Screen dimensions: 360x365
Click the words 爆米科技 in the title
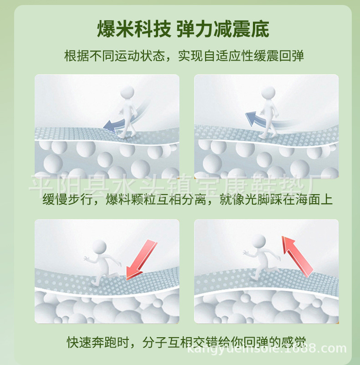pyautogui.click(x=134, y=29)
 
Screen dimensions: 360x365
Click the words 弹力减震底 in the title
pyautogui.click(x=223, y=29)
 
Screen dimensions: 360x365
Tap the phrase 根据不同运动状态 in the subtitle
pyautogui.click(x=114, y=56)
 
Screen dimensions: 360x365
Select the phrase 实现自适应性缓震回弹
pyautogui.click(x=241, y=56)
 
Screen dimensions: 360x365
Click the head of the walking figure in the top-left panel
pyautogui.click(x=127, y=93)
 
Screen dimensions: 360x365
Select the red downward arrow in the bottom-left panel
pyautogui.click(x=141, y=259)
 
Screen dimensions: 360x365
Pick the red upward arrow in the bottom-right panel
pyautogui.click(x=298, y=256)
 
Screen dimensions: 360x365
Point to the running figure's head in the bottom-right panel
pyautogui.click(x=258, y=242)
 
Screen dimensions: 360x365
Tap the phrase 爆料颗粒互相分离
pyautogui.click(x=156, y=200)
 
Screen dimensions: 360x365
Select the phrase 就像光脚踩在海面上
pyautogui.click(x=276, y=200)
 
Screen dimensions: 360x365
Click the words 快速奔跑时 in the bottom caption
pyautogui.click(x=98, y=342)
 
